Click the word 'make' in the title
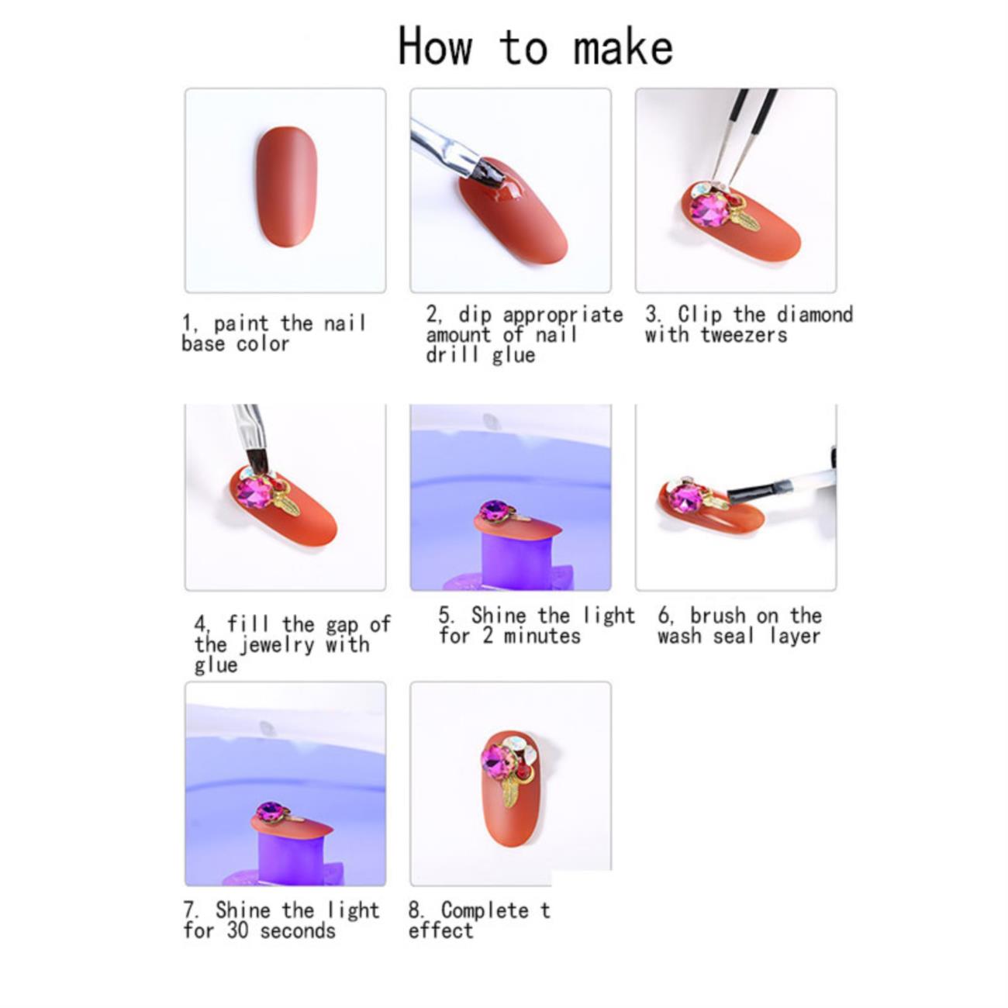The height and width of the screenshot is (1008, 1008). coord(623,47)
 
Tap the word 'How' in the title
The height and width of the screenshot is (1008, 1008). coord(435,47)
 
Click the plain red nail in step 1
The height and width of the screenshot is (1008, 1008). coord(286,185)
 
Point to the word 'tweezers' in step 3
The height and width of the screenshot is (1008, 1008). coord(744,335)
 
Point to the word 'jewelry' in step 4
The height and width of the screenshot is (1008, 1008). coord(276,645)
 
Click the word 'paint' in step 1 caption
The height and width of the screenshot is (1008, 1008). coord(241,324)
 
